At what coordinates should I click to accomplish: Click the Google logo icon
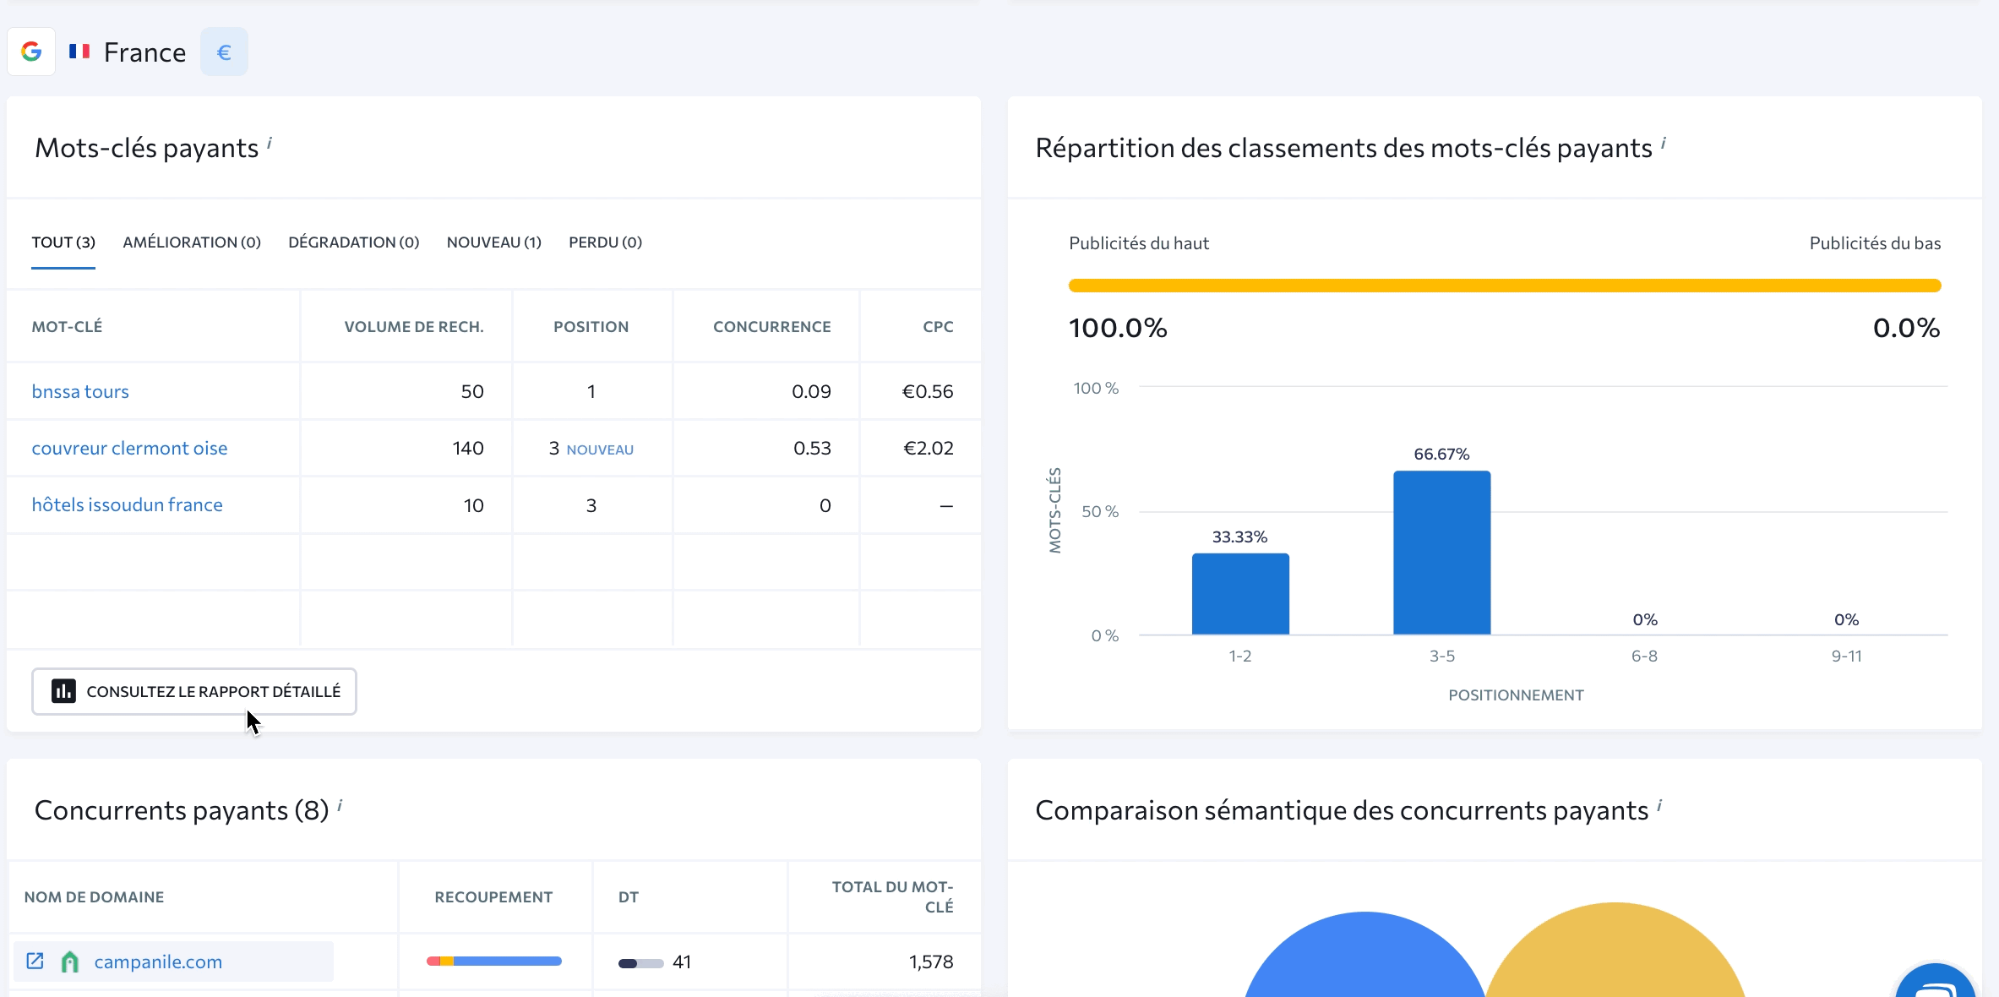pos(31,52)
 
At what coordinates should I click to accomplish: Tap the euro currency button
pos(224,52)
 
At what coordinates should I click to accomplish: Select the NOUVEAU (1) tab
pos(493,242)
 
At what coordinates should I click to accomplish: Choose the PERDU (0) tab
pos(605,242)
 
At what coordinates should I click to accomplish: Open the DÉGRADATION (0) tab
pos(353,242)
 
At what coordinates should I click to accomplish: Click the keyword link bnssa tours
pos(80,391)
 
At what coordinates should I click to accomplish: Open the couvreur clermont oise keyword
pos(129,448)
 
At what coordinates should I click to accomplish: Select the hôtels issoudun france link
pos(127,504)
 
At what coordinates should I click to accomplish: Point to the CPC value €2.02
pos(928,448)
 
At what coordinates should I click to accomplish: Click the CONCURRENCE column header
pos(771,327)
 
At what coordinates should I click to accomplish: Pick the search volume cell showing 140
pos(467,448)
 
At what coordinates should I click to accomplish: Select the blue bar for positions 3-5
pos(1441,553)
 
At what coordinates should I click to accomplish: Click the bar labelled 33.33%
pos(1239,593)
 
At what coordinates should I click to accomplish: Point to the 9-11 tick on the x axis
pos(1846,656)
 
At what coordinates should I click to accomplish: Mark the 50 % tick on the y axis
pos(1099,512)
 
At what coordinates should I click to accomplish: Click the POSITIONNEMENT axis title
pos(1516,695)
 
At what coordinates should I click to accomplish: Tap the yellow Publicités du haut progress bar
pos(1504,286)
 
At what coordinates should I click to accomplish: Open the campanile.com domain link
pos(158,962)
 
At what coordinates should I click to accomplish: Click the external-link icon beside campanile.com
pos(35,962)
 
